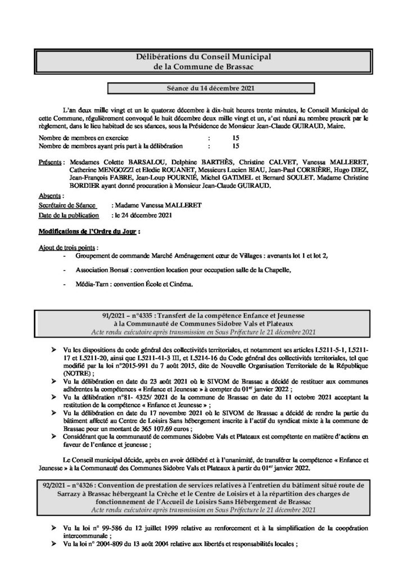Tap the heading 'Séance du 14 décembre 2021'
pyautogui.click(x=203, y=89)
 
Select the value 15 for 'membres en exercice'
pyautogui.click(x=235, y=137)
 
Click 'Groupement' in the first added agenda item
pyautogui.click(x=95, y=255)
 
